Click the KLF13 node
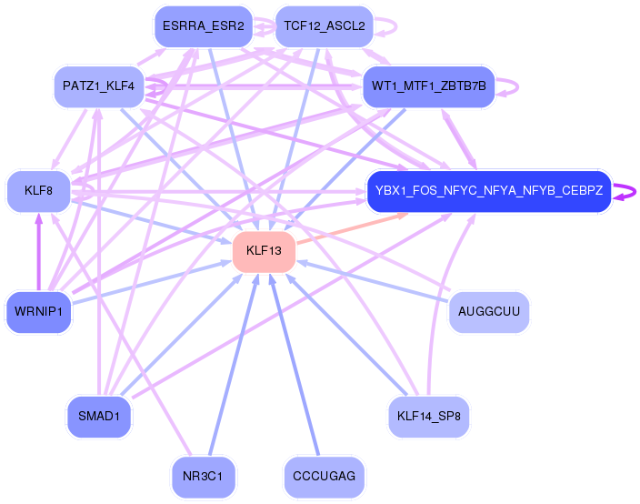click(x=264, y=251)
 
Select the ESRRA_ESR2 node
click(x=203, y=26)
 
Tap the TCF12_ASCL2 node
click(x=324, y=26)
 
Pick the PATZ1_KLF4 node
click(x=99, y=86)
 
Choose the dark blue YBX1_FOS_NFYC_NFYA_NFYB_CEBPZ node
click(x=488, y=191)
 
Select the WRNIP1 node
click(x=38, y=312)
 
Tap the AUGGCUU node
click(x=489, y=312)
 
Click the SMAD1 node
click(x=99, y=417)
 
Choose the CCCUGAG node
click(x=325, y=476)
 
